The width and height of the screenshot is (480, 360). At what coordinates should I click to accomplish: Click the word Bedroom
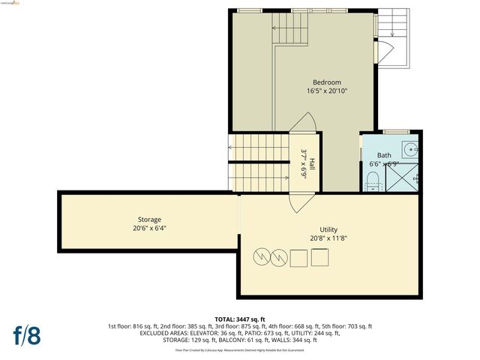coord(327,82)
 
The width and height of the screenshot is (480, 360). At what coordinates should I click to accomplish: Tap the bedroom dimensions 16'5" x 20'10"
coord(327,91)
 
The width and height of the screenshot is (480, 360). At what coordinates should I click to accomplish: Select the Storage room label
coord(148,219)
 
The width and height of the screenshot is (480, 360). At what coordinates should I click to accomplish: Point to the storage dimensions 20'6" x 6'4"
coord(148,228)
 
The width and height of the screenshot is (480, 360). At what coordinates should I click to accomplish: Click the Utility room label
coord(328,229)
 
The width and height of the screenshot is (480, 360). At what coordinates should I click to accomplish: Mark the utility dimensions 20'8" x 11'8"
coord(328,238)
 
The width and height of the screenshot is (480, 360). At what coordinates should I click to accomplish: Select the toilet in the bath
coord(373,181)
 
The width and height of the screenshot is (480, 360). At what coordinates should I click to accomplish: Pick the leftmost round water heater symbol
coord(259,257)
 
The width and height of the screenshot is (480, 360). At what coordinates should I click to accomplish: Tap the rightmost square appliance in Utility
coord(320,257)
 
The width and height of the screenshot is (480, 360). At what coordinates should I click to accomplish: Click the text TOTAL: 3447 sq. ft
coord(240,319)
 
